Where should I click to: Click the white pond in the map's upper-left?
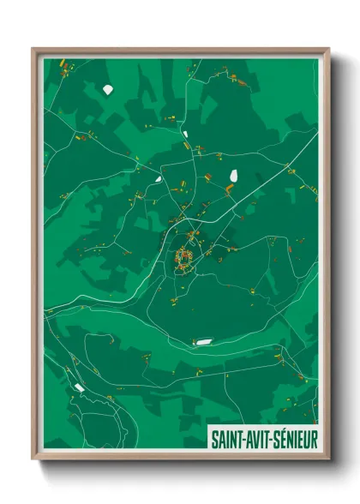(x=107, y=89)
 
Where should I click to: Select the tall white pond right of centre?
(x=232, y=176)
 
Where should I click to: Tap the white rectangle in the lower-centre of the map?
(x=203, y=342)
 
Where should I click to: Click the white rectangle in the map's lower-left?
(x=79, y=387)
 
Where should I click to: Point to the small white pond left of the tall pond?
(x=159, y=179)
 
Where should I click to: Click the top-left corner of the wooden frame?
(x=33, y=48)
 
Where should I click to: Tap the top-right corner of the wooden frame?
(x=329, y=48)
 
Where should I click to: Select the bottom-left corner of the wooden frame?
(x=33, y=460)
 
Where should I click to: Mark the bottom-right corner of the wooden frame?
(x=329, y=460)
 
